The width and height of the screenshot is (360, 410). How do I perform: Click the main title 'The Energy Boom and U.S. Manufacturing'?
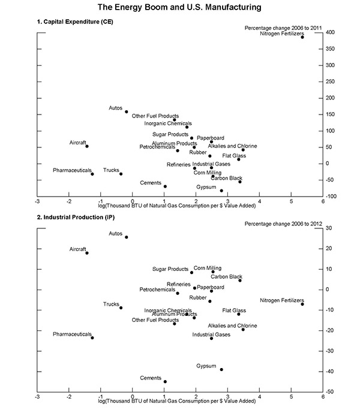click(x=180, y=8)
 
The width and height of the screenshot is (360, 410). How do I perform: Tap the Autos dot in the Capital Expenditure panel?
click(x=127, y=111)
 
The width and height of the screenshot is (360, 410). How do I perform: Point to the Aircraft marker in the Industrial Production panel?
click(x=87, y=253)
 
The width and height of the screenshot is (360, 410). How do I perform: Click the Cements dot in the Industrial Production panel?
click(x=165, y=382)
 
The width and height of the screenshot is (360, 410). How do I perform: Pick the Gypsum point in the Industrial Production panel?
click(x=221, y=369)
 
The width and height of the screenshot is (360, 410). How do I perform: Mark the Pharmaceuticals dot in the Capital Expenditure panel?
click(x=92, y=174)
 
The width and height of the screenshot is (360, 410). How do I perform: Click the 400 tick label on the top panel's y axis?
click(x=331, y=32)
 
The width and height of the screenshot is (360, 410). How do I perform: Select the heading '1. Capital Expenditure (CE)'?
click(x=73, y=22)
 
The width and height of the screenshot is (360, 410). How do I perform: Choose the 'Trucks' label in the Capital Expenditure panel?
click(x=111, y=170)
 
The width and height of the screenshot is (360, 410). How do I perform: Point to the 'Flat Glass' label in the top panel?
click(x=234, y=155)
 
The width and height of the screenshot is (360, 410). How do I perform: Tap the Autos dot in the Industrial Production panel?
click(x=127, y=237)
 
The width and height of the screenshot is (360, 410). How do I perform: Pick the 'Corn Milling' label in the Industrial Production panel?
click(x=207, y=269)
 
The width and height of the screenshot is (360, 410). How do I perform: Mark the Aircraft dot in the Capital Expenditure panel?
click(x=87, y=146)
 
